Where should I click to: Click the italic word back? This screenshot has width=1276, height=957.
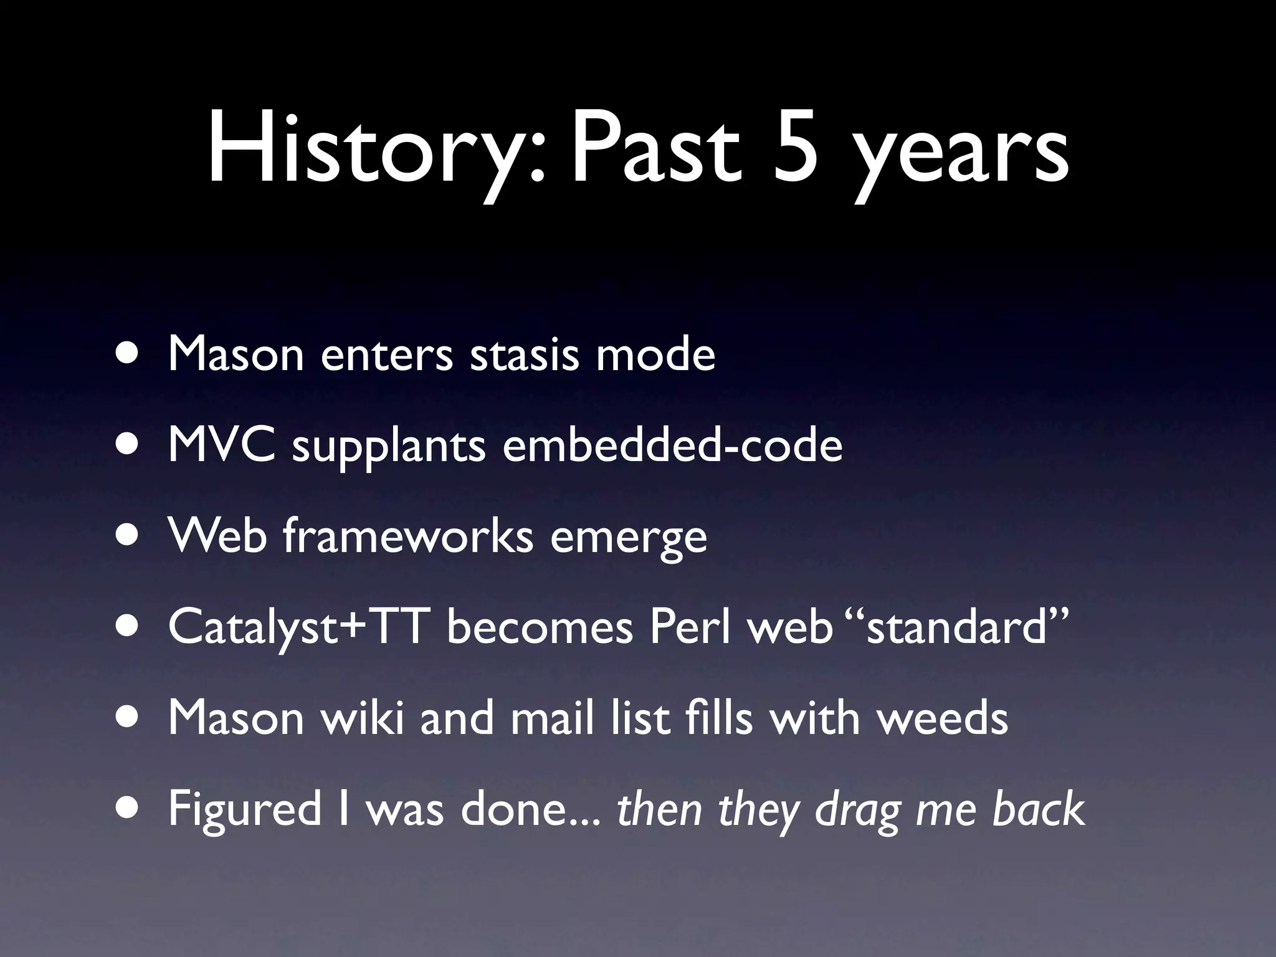click(1038, 809)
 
